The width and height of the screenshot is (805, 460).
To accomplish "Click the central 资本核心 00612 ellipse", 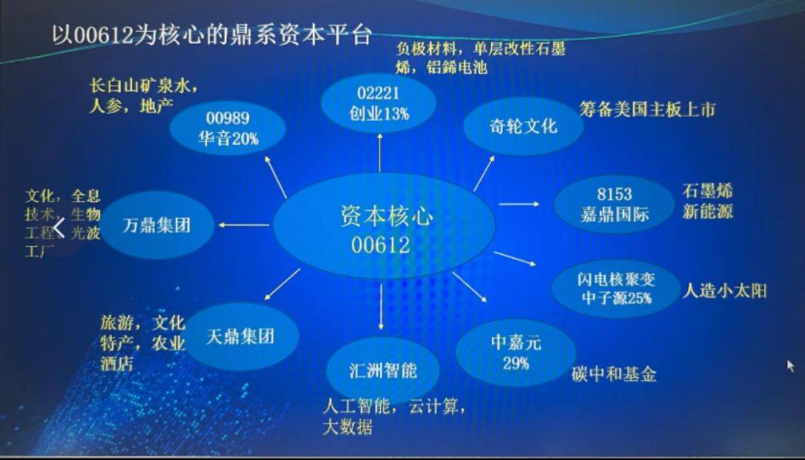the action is click(x=384, y=227).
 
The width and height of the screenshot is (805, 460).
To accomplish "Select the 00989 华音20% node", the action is click(x=227, y=127).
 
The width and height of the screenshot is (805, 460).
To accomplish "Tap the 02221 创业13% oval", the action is click(x=379, y=103).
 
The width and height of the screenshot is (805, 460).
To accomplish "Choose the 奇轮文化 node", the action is click(x=523, y=126).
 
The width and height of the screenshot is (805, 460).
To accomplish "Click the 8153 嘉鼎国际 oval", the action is click(x=614, y=204).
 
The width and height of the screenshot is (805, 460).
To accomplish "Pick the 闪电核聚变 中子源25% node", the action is click(x=616, y=289).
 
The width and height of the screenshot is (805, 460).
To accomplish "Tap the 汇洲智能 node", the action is click(x=383, y=371).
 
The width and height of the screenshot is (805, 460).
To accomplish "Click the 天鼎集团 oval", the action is click(x=241, y=337).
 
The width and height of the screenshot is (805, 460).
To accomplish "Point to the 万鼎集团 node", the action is click(x=157, y=225).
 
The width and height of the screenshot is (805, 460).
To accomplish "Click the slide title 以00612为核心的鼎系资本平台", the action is click(x=212, y=36).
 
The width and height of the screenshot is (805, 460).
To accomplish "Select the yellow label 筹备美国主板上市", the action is click(x=647, y=109).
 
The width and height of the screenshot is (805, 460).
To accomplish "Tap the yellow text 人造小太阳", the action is click(x=724, y=291).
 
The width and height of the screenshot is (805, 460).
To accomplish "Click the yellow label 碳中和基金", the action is click(x=614, y=374).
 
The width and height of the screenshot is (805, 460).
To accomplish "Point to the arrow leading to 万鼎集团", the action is click(x=244, y=225).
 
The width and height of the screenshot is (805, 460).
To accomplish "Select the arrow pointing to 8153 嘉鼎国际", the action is click(x=519, y=204).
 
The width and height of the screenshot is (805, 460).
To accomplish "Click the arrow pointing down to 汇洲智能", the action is click(x=381, y=306).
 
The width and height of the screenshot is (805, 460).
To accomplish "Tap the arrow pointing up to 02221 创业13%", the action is click(x=380, y=153).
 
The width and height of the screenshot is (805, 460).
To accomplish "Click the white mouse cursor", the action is click(x=791, y=366).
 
